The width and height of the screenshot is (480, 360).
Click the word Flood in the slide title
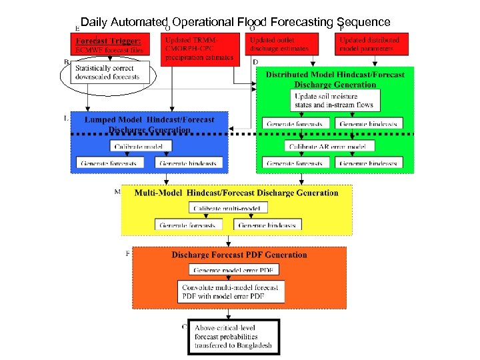pyautogui.click(x=250, y=22)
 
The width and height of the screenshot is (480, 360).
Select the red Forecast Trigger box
pyautogui.click(x=109, y=45)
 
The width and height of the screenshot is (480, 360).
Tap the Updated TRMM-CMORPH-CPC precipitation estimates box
pyautogui.click(x=199, y=49)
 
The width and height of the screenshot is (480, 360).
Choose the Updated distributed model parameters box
pyautogui.click(x=369, y=44)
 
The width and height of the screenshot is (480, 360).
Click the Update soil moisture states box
pyautogui.click(x=336, y=101)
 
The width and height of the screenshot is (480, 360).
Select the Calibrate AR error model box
pyautogui.click(x=325, y=146)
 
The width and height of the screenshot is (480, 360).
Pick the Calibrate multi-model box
pyautogui.click(x=229, y=208)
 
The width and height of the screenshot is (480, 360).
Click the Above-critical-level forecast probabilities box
pyautogui.click(x=233, y=337)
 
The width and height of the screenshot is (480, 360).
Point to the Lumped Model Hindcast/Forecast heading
pyautogui.click(x=149, y=124)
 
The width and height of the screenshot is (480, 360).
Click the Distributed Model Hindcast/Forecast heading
pyautogui.click(x=335, y=79)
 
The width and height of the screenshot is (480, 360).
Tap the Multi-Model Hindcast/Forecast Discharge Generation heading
pyautogui.click(x=236, y=193)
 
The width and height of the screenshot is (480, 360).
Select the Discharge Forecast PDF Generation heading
pyautogui.click(x=239, y=255)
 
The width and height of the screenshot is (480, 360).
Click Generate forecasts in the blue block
pyautogui.click(x=109, y=163)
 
